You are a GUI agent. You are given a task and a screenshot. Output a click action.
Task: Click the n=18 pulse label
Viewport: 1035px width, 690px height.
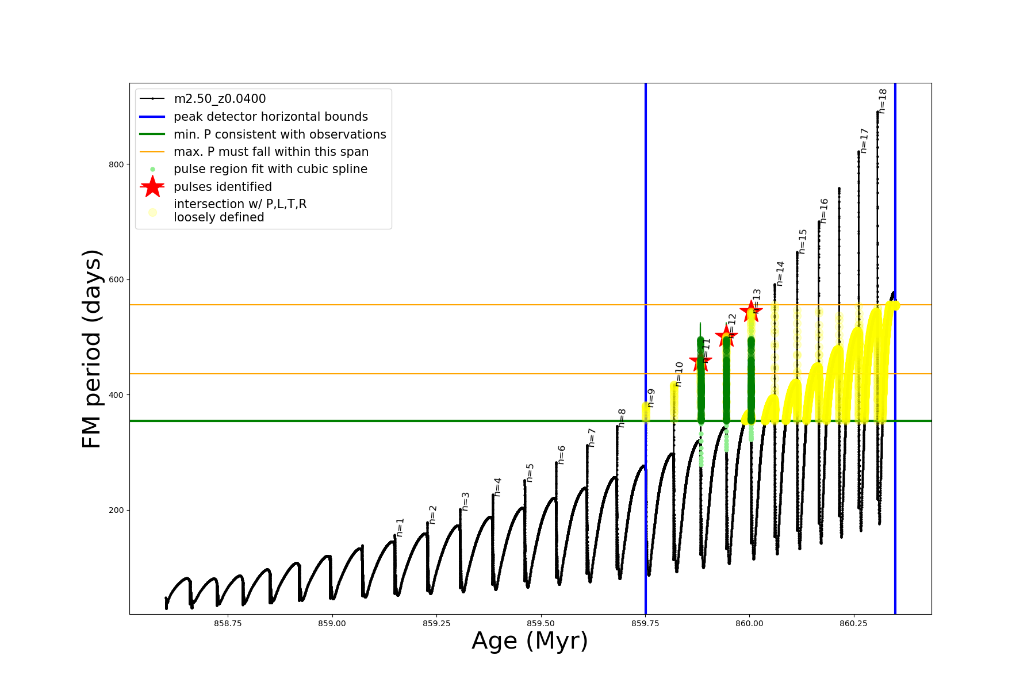pos(883,101)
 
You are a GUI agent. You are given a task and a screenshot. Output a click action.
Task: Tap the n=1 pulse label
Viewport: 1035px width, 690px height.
pos(400,527)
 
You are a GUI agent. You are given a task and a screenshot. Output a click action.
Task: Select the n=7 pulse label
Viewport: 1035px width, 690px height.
pos(592,438)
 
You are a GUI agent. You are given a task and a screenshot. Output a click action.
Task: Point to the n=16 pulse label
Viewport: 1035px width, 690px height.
pos(823,211)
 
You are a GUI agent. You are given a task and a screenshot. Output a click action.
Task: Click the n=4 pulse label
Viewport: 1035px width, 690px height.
pos(497,487)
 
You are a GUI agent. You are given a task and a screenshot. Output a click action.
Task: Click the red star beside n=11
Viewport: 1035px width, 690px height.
pos(700,361)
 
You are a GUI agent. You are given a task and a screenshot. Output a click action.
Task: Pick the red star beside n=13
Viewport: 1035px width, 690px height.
pos(751,312)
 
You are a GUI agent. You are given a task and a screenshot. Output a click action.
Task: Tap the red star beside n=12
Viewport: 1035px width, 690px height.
pos(726,335)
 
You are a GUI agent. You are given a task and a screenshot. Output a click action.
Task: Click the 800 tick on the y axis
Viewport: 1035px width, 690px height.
pos(116,164)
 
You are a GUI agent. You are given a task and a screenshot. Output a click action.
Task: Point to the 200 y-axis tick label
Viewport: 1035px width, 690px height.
pos(116,511)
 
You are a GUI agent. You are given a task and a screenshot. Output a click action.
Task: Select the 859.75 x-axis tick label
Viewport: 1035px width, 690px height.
pos(645,623)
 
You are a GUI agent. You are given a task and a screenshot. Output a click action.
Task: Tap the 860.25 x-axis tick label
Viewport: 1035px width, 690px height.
pos(853,623)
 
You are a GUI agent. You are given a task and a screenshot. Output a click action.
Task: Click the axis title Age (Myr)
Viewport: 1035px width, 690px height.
pos(530,641)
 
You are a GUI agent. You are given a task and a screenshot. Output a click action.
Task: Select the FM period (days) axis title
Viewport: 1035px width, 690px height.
pos(92,349)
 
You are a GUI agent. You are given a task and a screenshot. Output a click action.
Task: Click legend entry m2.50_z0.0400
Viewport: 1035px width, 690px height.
pos(220,99)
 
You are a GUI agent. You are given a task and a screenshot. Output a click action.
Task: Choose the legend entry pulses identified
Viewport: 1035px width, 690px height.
pos(223,187)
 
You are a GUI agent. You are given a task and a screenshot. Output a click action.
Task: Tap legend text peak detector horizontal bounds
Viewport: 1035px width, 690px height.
pos(271,117)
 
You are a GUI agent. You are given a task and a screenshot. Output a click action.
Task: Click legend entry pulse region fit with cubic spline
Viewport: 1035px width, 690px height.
pos(270,169)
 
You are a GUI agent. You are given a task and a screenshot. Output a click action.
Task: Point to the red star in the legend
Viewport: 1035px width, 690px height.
pos(152,187)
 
